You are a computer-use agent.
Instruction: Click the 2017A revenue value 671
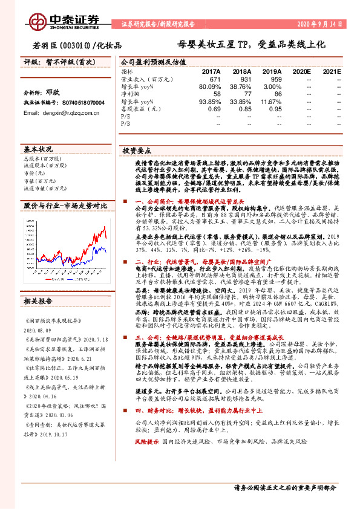point(215,79)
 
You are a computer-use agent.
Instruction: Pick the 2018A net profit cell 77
point(246,95)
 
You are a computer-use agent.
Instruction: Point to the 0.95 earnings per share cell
point(275,109)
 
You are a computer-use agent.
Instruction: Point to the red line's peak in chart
point(105,229)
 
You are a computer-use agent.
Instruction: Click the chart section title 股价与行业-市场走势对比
point(65,206)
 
